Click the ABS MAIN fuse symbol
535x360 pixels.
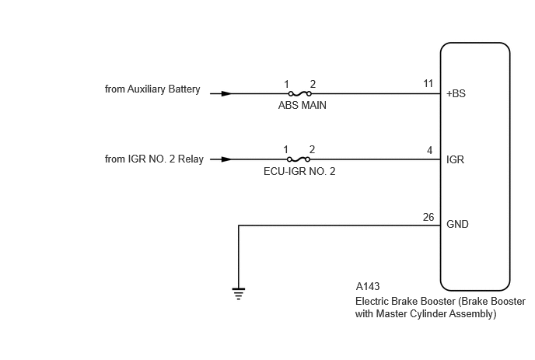pyautogui.click(x=299, y=93)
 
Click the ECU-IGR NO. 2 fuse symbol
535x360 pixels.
pyautogui.click(x=299, y=159)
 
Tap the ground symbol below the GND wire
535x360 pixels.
pyautogui.click(x=239, y=294)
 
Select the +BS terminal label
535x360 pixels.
pyautogui.click(x=456, y=93)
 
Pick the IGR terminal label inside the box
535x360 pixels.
pyautogui.click(x=455, y=159)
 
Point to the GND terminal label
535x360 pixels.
pyautogui.click(x=457, y=224)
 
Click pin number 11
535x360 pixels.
pyautogui.click(x=428, y=84)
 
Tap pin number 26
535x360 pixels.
pyautogui.click(x=428, y=217)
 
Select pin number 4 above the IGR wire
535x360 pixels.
pyautogui.click(x=429, y=151)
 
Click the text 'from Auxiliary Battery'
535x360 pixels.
pyautogui.click(x=152, y=89)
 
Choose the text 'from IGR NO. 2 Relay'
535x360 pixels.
pyautogui.click(x=154, y=159)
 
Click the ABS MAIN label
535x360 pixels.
pyautogui.click(x=302, y=105)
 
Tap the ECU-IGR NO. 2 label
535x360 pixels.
pyautogui.click(x=299, y=171)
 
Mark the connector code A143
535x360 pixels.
pyautogui.click(x=368, y=286)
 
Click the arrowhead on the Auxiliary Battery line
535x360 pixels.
pyautogui.click(x=226, y=93)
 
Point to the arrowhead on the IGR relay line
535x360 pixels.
pyautogui.click(x=226, y=159)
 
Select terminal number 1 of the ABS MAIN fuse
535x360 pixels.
pyautogui.click(x=287, y=84)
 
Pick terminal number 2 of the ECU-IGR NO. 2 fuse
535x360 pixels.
pyautogui.click(x=312, y=149)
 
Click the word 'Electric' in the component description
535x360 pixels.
pyautogui.click(x=370, y=302)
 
